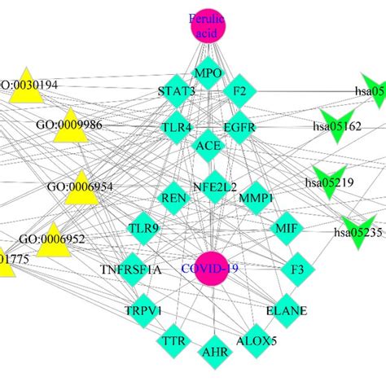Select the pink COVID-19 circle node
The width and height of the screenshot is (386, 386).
pyautogui.click(x=208, y=268)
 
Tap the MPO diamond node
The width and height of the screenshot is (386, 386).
pyautogui.click(x=208, y=73)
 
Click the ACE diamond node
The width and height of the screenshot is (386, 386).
pyautogui.click(x=208, y=147)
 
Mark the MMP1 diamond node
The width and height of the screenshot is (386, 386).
pyautogui.click(x=255, y=197)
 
